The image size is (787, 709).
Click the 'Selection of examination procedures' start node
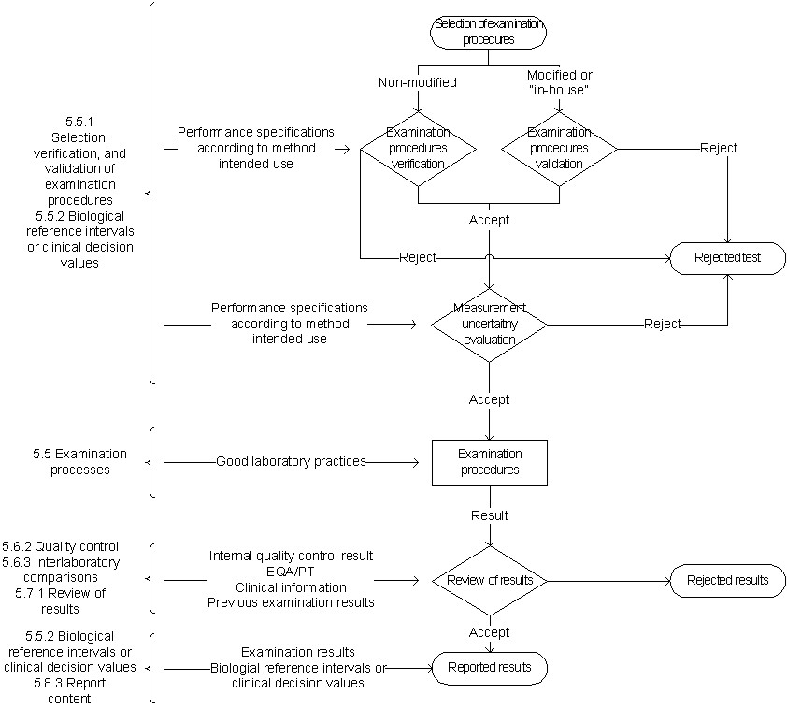tap(488, 32)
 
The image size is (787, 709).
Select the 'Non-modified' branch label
tap(417, 82)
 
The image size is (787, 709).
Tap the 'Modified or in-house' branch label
tap(559, 82)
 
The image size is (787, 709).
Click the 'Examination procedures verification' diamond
tap(418, 148)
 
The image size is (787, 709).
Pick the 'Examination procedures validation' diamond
tap(559, 148)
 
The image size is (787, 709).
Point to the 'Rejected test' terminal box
tap(727, 257)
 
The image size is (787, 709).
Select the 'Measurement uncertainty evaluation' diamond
tap(489, 324)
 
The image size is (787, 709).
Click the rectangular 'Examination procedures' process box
tap(489, 462)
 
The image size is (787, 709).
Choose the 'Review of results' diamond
tap(489, 580)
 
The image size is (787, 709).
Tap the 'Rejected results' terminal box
tap(727, 580)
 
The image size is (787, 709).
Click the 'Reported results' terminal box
tap(489, 668)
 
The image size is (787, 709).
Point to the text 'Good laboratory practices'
tap(291, 461)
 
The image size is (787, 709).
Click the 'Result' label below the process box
tap(490, 515)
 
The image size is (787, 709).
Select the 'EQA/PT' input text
tap(291, 572)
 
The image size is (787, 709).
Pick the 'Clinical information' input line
tap(291, 587)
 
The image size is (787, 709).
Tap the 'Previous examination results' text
tap(291, 602)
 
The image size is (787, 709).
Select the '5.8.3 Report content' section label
tap(68, 690)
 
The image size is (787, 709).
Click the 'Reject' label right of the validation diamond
tap(719, 148)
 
